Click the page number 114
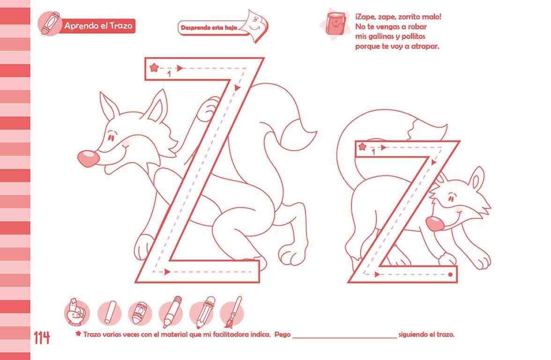[42, 338]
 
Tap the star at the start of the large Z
[154, 67]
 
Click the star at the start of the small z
[362, 147]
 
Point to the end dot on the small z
[451, 275]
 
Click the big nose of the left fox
[88, 158]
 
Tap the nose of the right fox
[435, 224]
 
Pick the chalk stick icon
[109, 313]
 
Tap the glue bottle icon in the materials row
[77, 312]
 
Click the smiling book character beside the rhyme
[335, 23]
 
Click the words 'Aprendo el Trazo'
[98, 26]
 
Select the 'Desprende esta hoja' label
[209, 27]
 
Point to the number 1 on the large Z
[169, 74]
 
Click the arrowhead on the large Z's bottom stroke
[167, 272]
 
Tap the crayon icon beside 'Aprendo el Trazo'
[49, 23]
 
